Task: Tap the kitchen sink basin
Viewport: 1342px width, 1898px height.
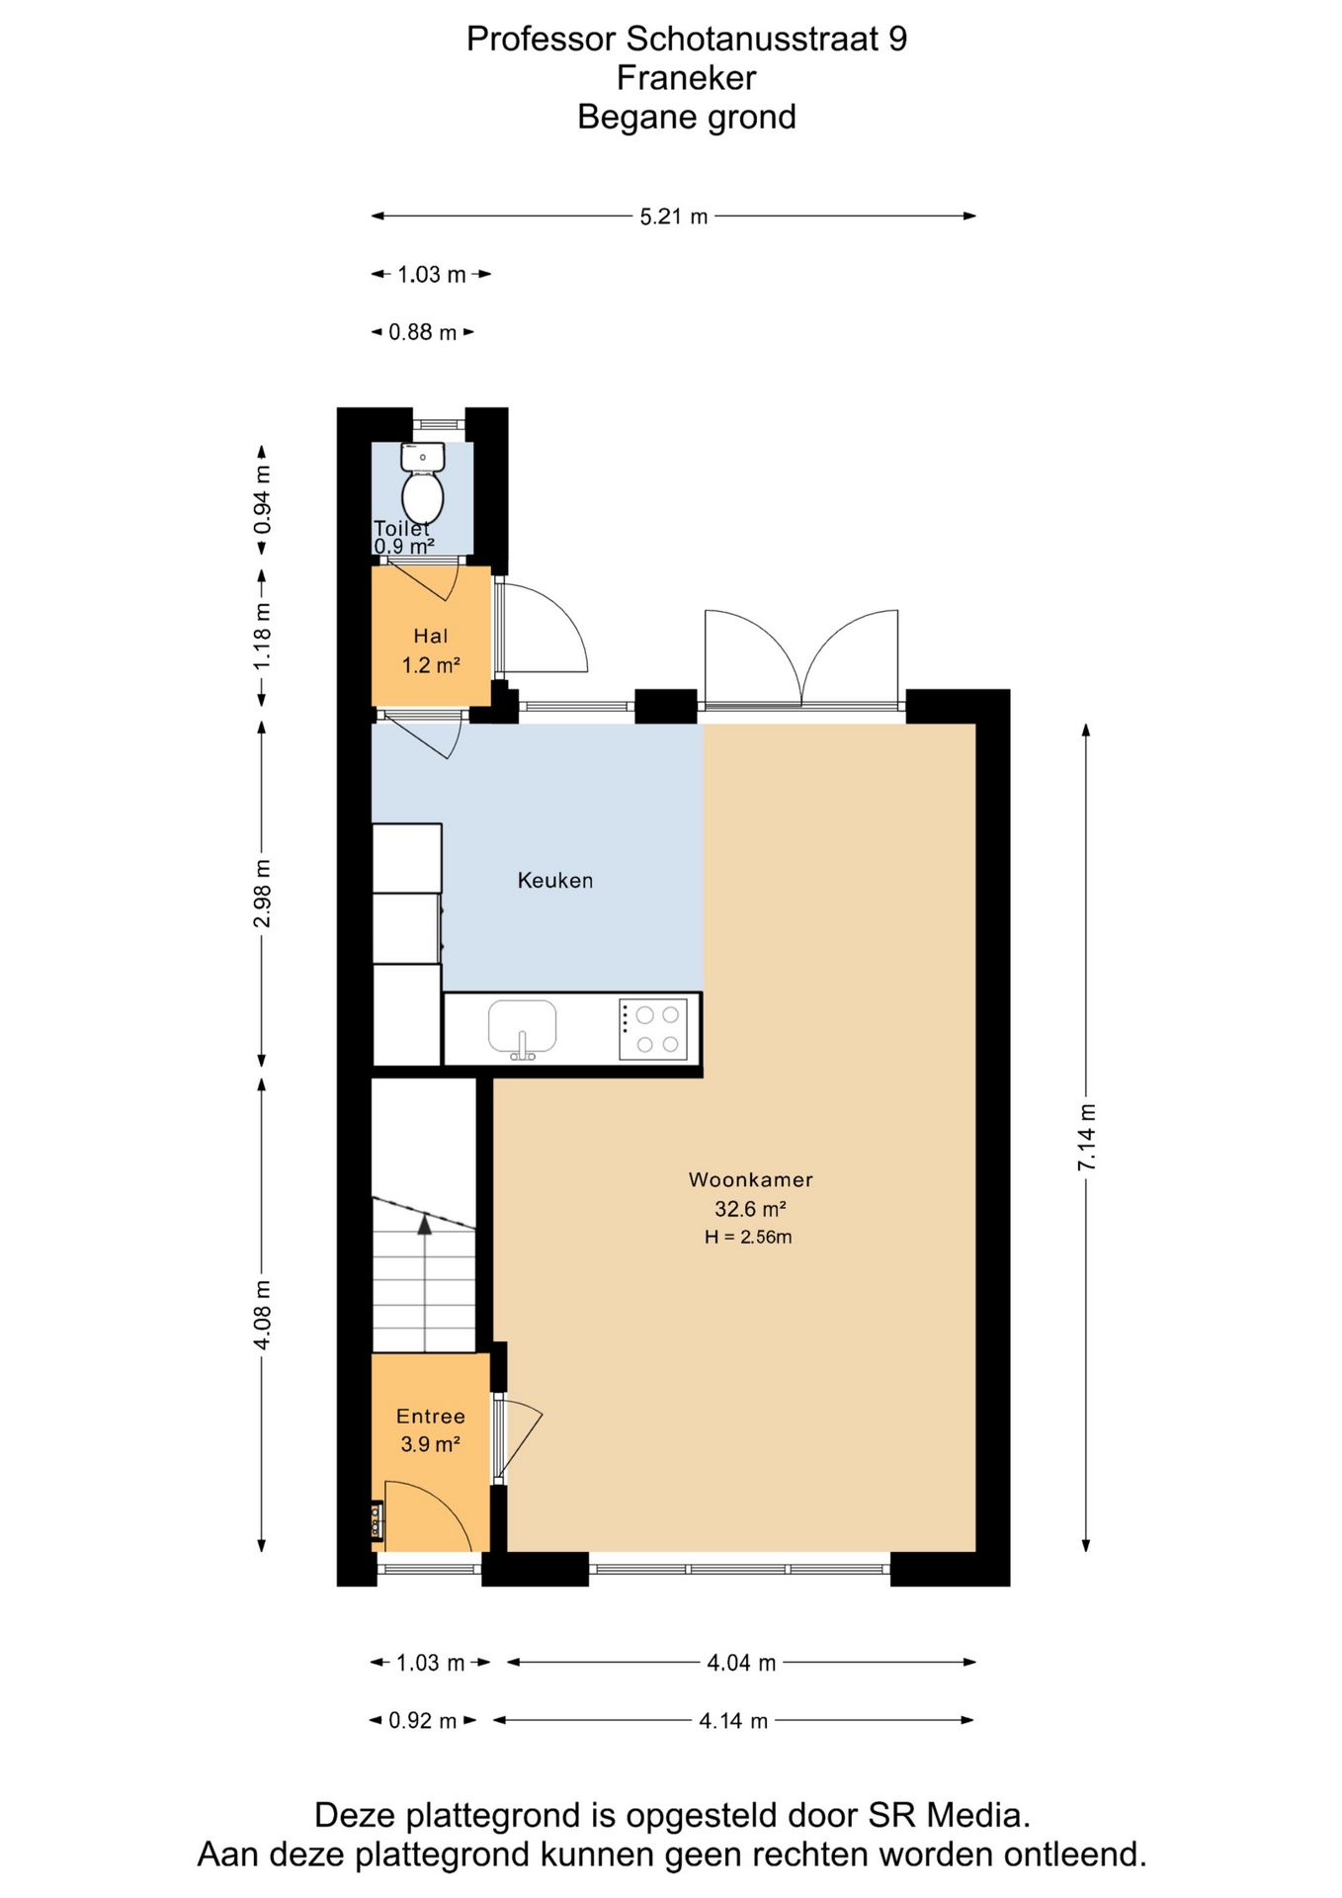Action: pyautogui.click(x=522, y=1026)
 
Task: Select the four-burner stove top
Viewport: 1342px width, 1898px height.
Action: pyautogui.click(x=653, y=1029)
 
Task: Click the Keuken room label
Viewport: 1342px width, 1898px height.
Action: pyautogui.click(x=555, y=880)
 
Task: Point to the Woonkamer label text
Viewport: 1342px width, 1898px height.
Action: pyautogui.click(x=751, y=1178)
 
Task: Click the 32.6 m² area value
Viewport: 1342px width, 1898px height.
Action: pyautogui.click(x=750, y=1208)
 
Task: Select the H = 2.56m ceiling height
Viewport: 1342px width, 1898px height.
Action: pyautogui.click(x=748, y=1237)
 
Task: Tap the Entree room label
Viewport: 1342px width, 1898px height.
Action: pyautogui.click(x=431, y=1416)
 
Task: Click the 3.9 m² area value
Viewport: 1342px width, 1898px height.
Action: pyautogui.click(x=431, y=1444)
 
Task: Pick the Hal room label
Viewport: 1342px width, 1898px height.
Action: pyautogui.click(x=431, y=636)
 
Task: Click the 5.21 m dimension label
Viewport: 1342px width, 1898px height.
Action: pyautogui.click(x=674, y=216)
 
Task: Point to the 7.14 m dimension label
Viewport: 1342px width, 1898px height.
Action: pyautogui.click(x=1086, y=1137)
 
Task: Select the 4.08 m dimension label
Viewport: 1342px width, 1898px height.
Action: pyautogui.click(x=262, y=1315)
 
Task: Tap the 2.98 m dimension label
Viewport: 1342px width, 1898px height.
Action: pyautogui.click(x=262, y=895)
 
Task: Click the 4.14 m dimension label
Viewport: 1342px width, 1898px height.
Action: pyautogui.click(x=733, y=1721)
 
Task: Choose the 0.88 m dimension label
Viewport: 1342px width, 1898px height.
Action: pyautogui.click(x=423, y=332)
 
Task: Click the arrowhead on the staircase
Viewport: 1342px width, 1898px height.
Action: pyautogui.click(x=425, y=1225)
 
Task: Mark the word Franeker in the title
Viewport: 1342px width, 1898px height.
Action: pyautogui.click(x=687, y=77)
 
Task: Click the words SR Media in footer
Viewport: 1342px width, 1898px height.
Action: pyautogui.click(x=950, y=1815)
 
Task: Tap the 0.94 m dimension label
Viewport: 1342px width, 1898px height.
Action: pyautogui.click(x=262, y=499)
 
